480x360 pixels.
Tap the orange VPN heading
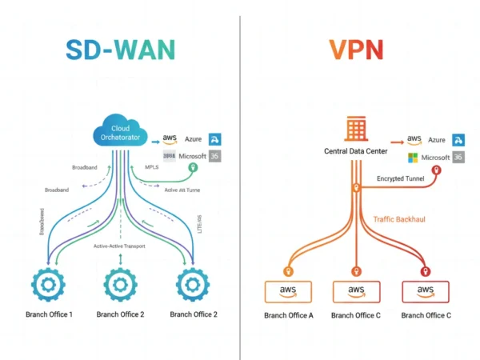click(356, 50)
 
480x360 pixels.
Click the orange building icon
click(356, 129)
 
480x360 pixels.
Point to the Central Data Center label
click(356, 151)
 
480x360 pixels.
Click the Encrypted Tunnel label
click(402, 180)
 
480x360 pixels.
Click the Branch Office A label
click(288, 315)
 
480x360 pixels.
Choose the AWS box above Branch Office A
click(288, 290)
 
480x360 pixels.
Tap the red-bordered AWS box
click(426, 290)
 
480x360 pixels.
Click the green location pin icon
click(192, 169)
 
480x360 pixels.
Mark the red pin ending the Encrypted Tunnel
click(436, 171)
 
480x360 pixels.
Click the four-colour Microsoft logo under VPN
click(413, 157)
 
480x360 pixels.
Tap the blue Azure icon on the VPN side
click(459, 139)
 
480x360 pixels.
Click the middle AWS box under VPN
click(356, 290)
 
